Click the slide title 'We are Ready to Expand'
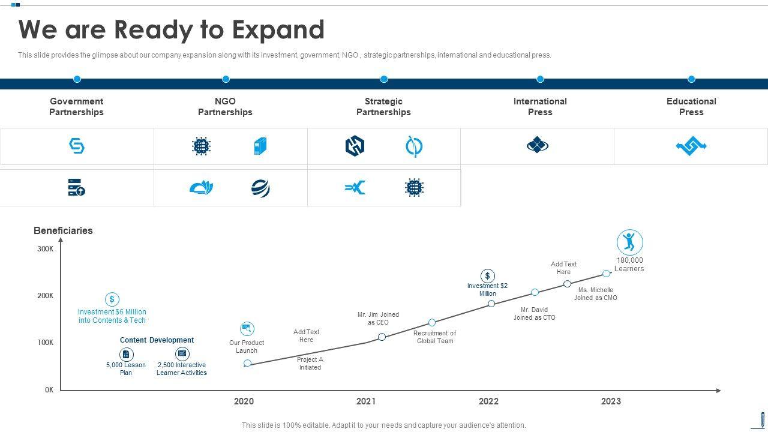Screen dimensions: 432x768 [x=172, y=30]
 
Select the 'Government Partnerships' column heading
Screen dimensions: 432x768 [x=76, y=107]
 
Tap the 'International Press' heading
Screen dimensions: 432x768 [x=540, y=107]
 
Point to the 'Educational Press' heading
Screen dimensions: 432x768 [x=691, y=107]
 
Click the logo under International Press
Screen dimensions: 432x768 [x=538, y=145]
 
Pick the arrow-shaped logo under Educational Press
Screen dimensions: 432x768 [x=691, y=146]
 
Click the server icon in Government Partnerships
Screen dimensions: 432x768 [x=76, y=187]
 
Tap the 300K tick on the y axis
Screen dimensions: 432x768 [x=46, y=249]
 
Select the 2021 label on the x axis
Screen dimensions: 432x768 [x=366, y=401]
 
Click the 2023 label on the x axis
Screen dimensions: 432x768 [x=611, y=401]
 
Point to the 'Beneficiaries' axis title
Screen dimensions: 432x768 [x=63, y=230]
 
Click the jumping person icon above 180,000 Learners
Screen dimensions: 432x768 [x=629, y=242]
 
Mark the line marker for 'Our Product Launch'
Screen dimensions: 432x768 [x=247, y=363]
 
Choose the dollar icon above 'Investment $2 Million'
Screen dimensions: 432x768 [x=488, y=276]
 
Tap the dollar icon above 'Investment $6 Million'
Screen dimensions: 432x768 [x=112, y=299]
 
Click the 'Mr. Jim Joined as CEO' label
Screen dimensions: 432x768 [x=378, y=319]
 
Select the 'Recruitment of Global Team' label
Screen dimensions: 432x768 [x=434, y=337]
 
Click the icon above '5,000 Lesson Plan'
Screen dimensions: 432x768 [x=126, y=354]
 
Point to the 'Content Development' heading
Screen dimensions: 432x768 [x=157, y=340]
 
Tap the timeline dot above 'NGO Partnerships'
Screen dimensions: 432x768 [x=226, y=79]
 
